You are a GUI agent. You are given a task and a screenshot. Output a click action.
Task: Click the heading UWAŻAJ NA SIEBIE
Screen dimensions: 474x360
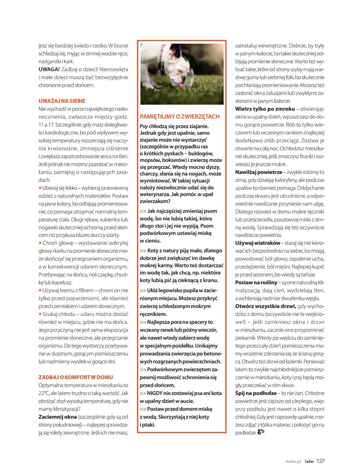[62, 101]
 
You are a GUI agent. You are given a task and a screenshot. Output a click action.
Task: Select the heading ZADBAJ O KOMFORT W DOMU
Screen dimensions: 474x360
[76, 377]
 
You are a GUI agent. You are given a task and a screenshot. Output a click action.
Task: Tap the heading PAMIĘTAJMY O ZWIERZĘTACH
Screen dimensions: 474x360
[179, 116]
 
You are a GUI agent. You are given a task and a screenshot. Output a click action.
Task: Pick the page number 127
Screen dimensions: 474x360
[320, 461]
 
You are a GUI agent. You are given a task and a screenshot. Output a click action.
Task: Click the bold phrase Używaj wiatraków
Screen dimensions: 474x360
[258, 243]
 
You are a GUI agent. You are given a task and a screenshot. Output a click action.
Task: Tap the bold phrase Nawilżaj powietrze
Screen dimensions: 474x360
[258, 172]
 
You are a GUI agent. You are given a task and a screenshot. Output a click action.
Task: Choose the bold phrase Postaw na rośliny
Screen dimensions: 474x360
[256, 282]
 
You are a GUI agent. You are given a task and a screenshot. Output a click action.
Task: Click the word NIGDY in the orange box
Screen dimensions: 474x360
[155, 393]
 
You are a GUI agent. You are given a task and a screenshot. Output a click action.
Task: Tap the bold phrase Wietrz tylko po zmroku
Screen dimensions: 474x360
[265, 109]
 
